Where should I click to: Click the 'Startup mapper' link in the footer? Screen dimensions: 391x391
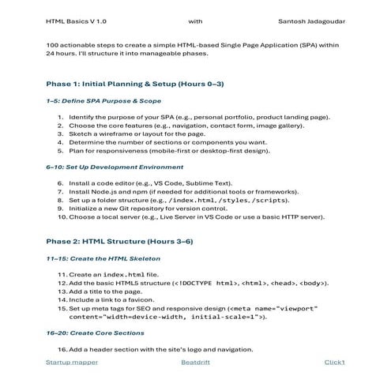tap(72, 362)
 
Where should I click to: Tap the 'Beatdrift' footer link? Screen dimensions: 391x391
tap(197, 362)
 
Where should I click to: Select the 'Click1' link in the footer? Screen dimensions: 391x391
tap(334, 362)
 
